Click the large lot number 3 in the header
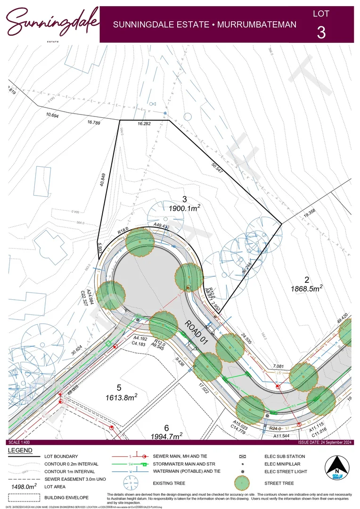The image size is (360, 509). click(x=321, y=33)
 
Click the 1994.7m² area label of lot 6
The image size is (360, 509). click(x=167, y=435)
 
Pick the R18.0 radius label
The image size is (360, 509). click(x=123, y=231)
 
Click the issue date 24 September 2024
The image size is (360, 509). click(x=326, y=443)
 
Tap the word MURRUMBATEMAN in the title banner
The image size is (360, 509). click(x=258, y=24)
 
